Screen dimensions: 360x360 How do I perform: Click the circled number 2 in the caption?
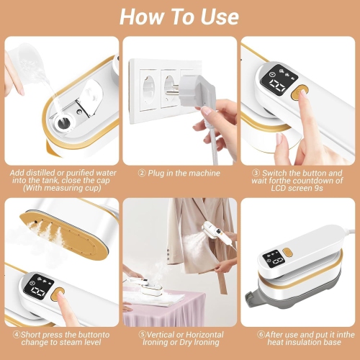pyautogui.click(x=143, y=174)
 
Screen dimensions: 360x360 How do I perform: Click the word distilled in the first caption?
pyautogui.click(x=40, y=174)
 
